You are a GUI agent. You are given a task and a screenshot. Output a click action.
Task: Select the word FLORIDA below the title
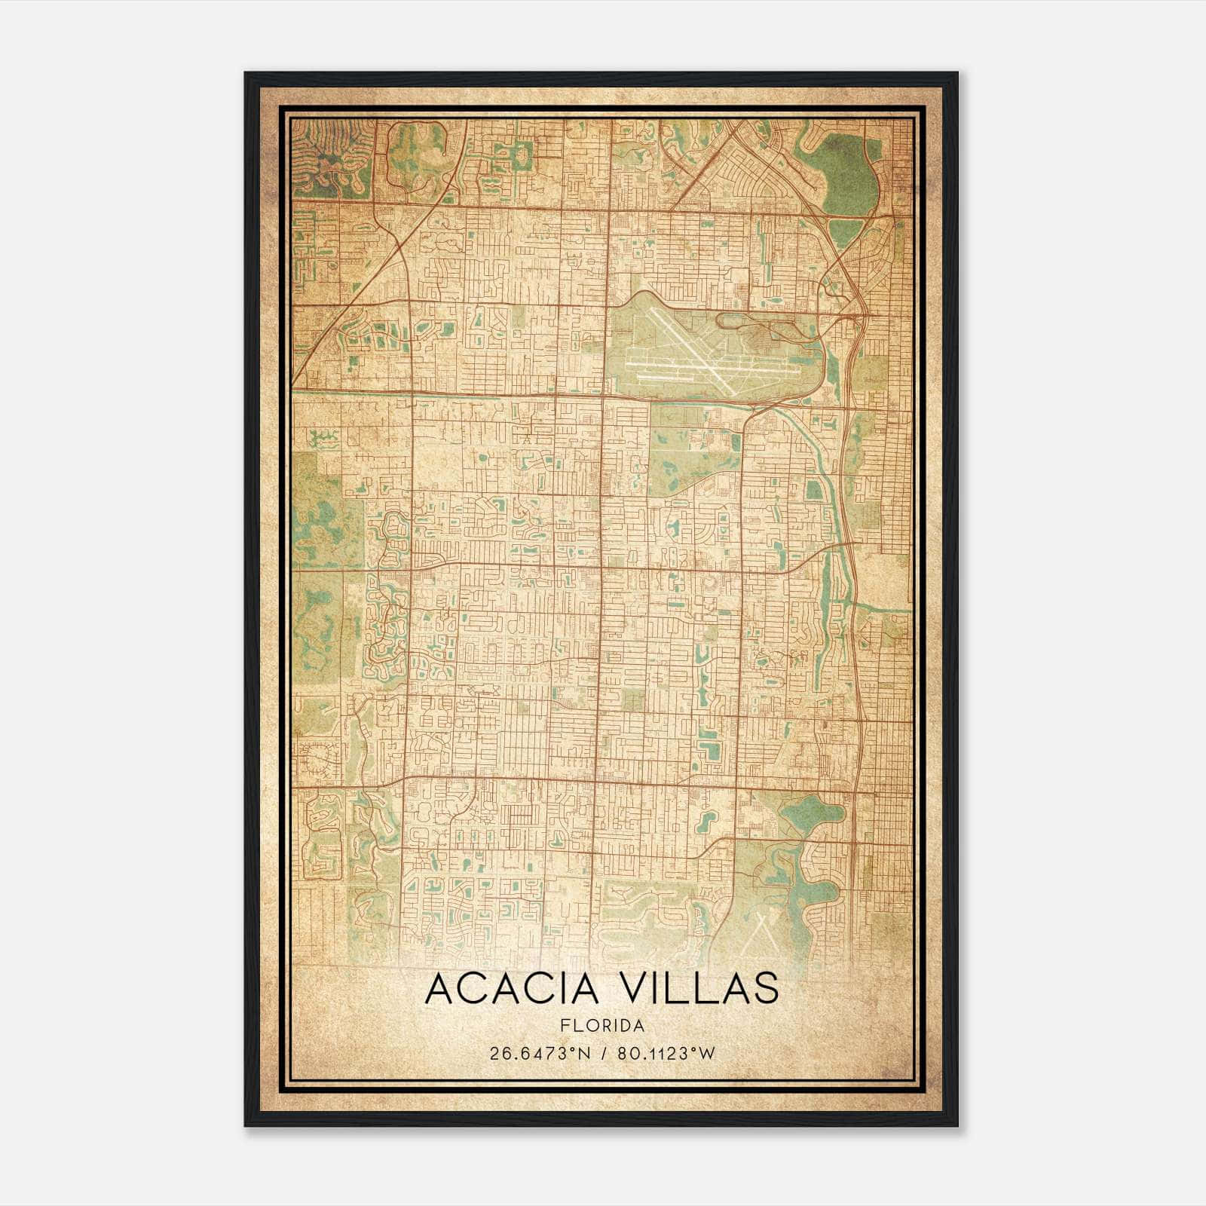[601, 1025]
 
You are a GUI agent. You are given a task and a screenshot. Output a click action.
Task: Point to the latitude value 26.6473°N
[537, 1053]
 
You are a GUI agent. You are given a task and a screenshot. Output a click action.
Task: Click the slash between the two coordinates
[602, 1053]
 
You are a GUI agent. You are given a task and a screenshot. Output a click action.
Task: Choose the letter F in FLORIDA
[564, 1025]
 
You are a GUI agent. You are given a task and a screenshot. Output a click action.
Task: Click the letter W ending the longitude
[706, 1053]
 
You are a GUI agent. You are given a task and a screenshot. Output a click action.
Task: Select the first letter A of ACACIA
[439, 989]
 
